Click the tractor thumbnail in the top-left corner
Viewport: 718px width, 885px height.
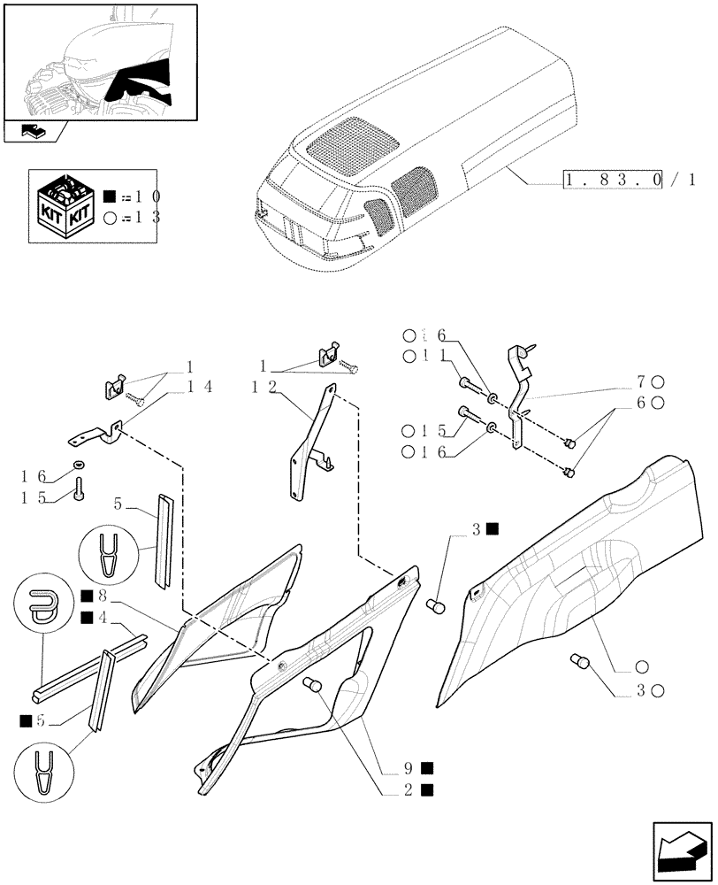pos(99,60)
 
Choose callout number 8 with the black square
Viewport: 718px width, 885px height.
pos(96,595)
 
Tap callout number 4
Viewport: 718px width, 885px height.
pos(96,617)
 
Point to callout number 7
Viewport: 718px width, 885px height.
pos(645,381)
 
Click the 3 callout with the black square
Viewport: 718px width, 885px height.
pos(483,529)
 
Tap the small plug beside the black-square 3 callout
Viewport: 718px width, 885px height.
pos(434,606)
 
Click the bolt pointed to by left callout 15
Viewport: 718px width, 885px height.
pos(80,488)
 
